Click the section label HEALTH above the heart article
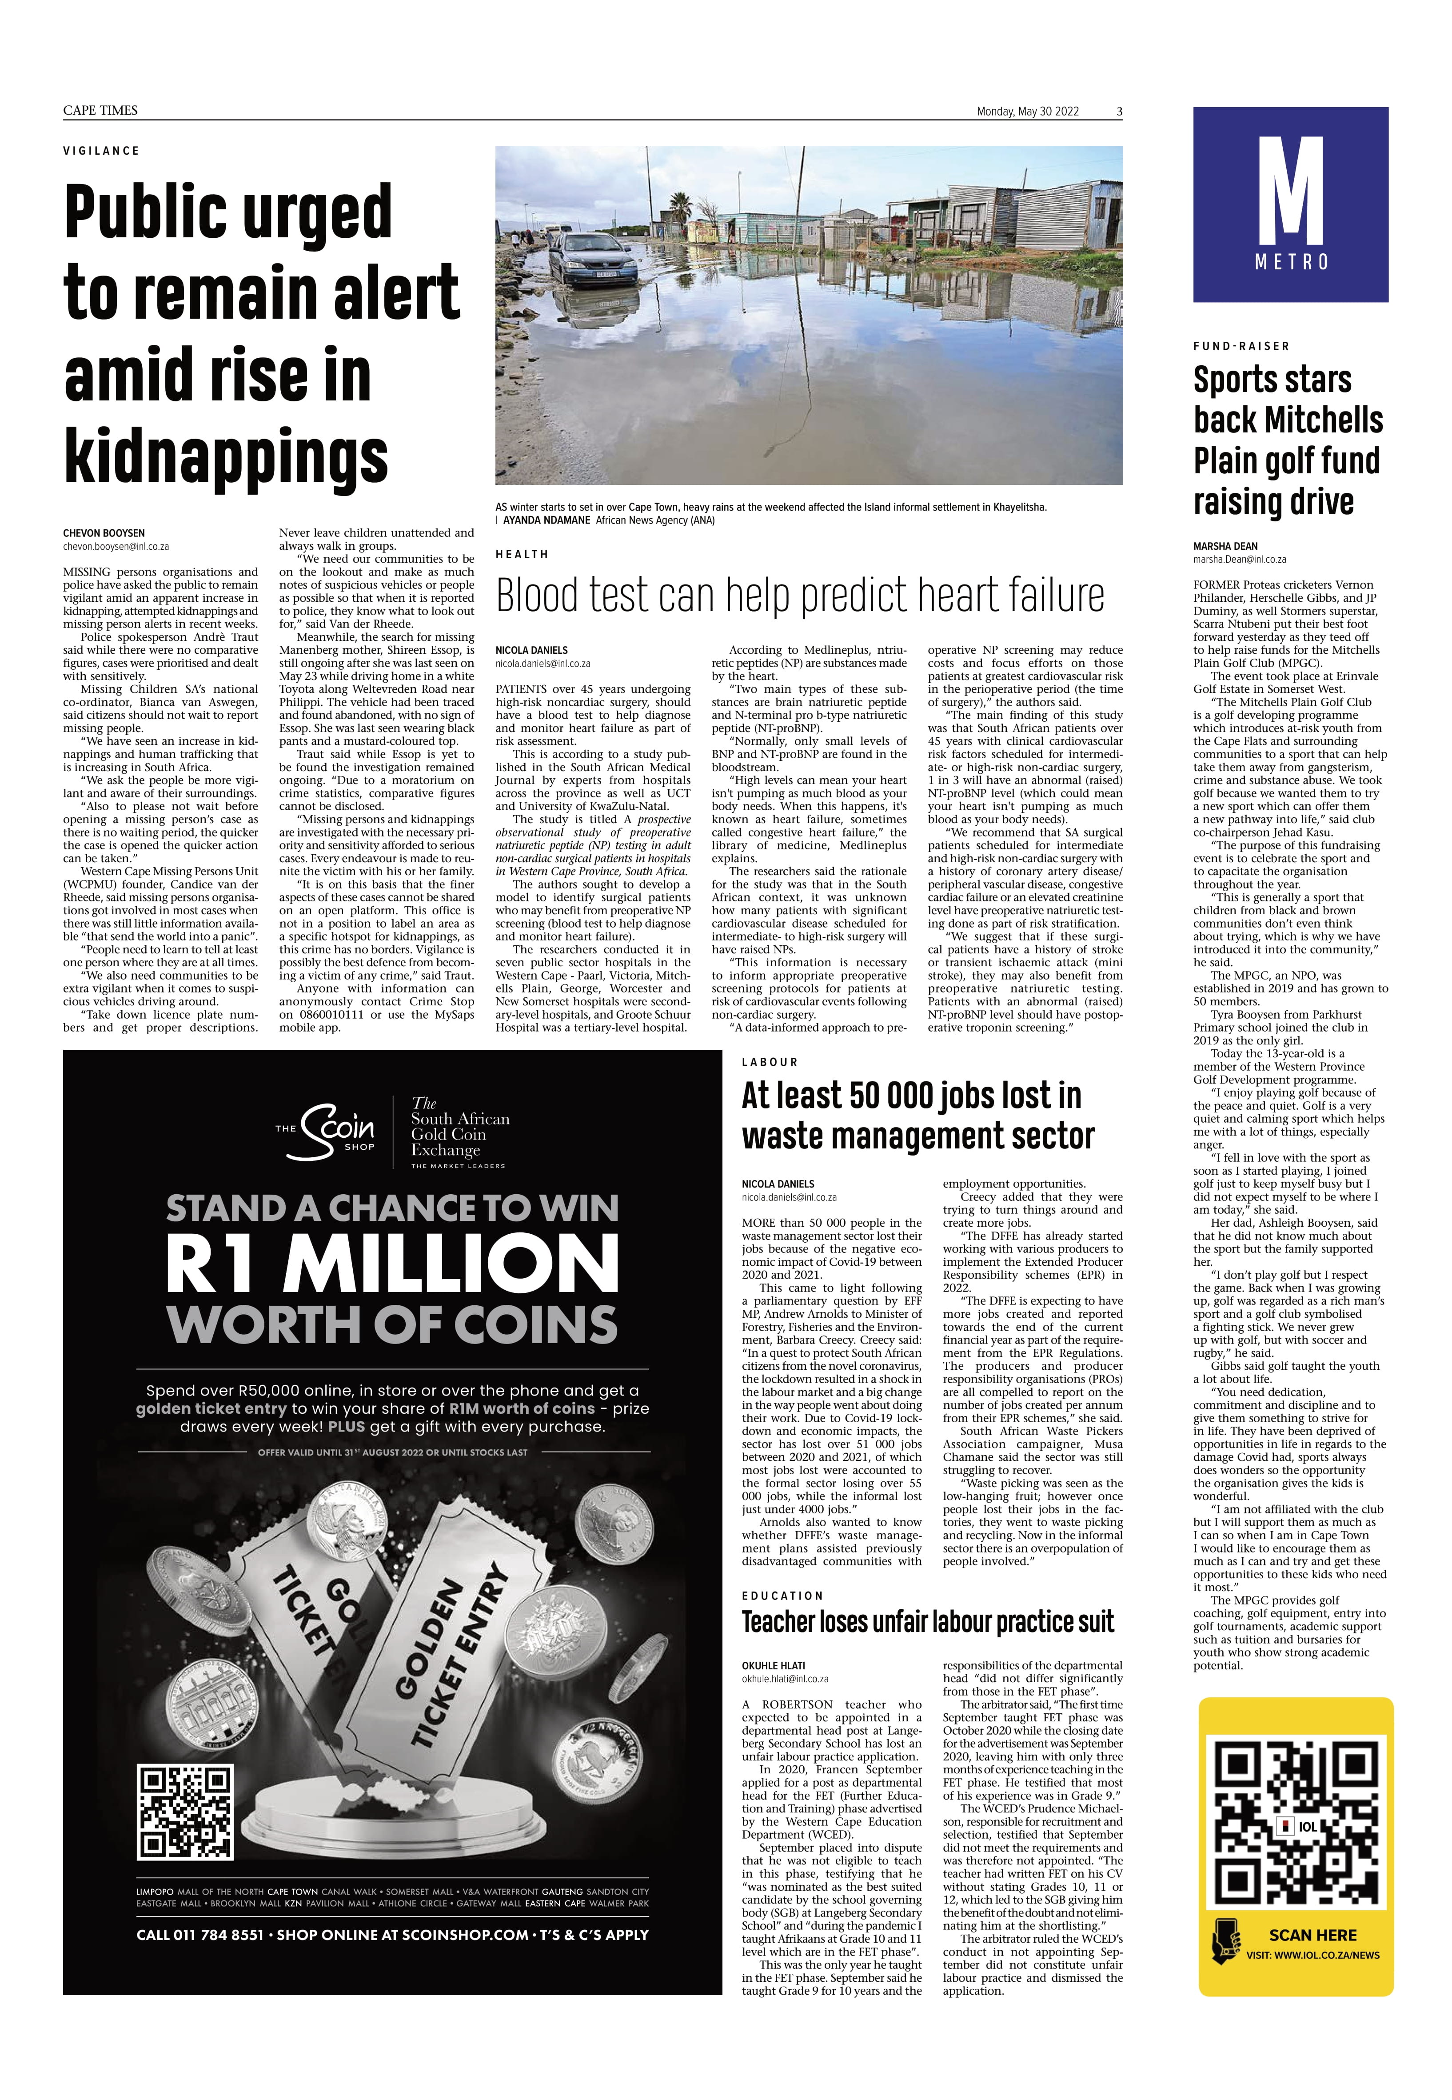(522, 554)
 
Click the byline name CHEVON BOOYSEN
(104, 533)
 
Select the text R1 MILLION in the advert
(392, 1265)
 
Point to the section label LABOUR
(770, 1062)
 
